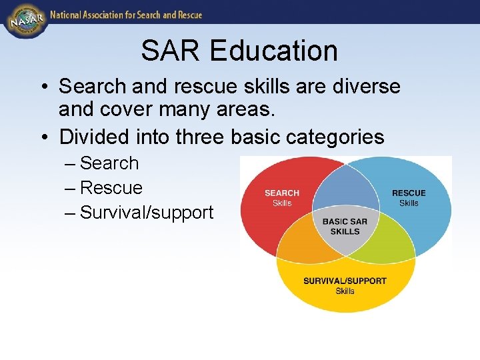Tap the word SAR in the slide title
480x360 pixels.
point(167,51)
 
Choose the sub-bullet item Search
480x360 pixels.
point(109,163)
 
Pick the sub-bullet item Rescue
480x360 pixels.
point(111,188)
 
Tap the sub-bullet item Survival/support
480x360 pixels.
point(146,213)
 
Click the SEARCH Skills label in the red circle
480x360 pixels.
point(282,198)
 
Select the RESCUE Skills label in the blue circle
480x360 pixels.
point(409,198)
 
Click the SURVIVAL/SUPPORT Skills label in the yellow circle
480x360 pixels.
point(345,285)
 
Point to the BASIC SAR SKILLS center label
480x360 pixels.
point(345,226)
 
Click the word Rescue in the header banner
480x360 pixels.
point(187,15)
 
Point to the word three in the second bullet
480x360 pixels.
point(200,137)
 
